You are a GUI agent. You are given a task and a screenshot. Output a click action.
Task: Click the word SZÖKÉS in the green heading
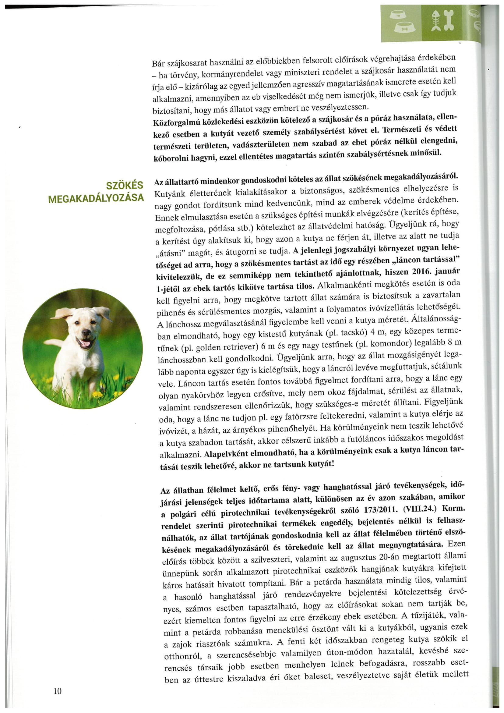[125, 185]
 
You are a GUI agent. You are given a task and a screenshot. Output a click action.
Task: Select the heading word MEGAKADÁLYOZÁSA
[96, 198]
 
